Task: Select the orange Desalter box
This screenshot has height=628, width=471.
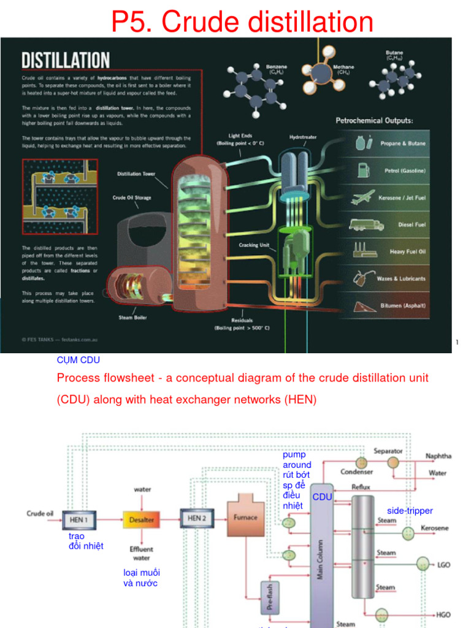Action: click(x=141, y=519)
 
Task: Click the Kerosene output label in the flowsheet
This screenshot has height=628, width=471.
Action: click(x=434, y=528)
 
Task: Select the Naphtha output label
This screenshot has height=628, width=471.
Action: click(x=438, y=456)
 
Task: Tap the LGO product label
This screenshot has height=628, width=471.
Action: click(x=443, y=565)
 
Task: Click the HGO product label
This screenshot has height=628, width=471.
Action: click(x=443, y=614)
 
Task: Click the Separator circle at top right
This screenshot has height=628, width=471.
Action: click(x=392, y=462)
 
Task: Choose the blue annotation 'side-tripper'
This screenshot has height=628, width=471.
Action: click(x=410, y=511)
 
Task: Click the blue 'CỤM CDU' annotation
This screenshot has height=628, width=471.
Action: click(x=78, y=360)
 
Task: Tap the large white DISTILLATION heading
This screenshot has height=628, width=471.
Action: click(x=66, y=60)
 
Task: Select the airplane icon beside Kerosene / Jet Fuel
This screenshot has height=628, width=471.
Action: click(x=362, y=197)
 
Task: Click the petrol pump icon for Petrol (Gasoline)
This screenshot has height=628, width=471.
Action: click(x=363, y=170)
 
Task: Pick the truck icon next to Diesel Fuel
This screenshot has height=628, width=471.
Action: click(x=366, y=225)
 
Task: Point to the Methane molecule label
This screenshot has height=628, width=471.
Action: click(x=343, y=69)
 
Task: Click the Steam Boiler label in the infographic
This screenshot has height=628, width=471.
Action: click(x=132, y=318)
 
